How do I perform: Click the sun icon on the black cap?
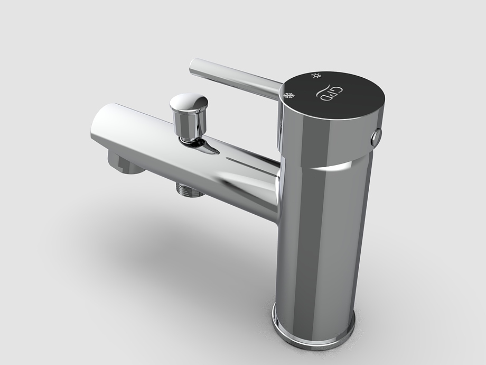pyautogui.click(x=316, y=75)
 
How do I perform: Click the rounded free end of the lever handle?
pyautogui.click(x=193, y=66)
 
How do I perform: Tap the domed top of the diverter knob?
pyautogui.click(x=189, y=101)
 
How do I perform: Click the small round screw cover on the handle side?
pyautogui.click(x=377, y=137)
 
